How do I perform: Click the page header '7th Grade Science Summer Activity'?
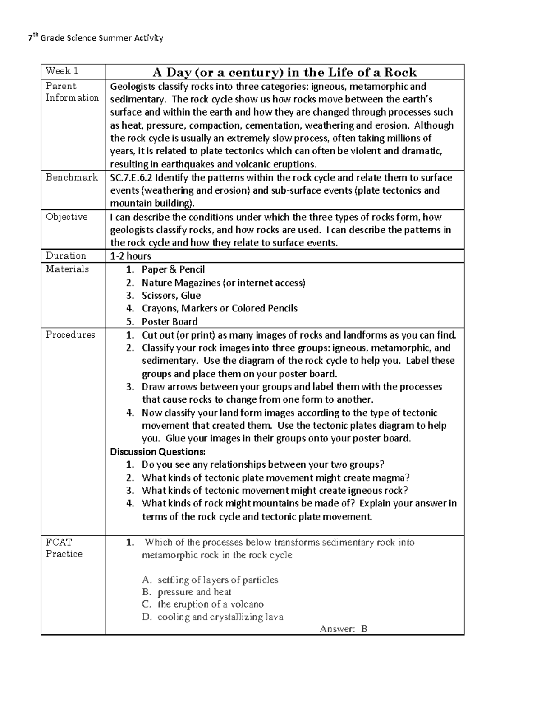[x=95, y=38]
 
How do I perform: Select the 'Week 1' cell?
[x=62, y=71]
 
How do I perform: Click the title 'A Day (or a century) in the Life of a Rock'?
[x=284, y=72]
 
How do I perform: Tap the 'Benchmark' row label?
[x=72, y=177]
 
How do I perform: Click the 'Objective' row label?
[x=67, y=217]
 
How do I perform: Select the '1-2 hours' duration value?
[x=131, y=256]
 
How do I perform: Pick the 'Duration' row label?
[x=66, y=256]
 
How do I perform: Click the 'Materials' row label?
[x=67, y=269]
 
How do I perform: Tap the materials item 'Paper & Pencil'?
[x=173, y=270]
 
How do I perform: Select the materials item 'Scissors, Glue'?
[x=171, y=296]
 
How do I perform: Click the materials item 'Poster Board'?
[x=170, y=322]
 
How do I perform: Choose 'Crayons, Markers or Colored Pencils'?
[x=220, y=309]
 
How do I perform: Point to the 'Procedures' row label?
[x=70, y=335]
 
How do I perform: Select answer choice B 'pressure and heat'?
[x=194, y=592]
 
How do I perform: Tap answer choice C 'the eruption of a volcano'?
[x=210, y=604]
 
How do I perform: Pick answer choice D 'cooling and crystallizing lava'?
[x=220, y=617]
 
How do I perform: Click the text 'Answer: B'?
[x=344, y=629]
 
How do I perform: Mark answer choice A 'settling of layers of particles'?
[x=217, y=580]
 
